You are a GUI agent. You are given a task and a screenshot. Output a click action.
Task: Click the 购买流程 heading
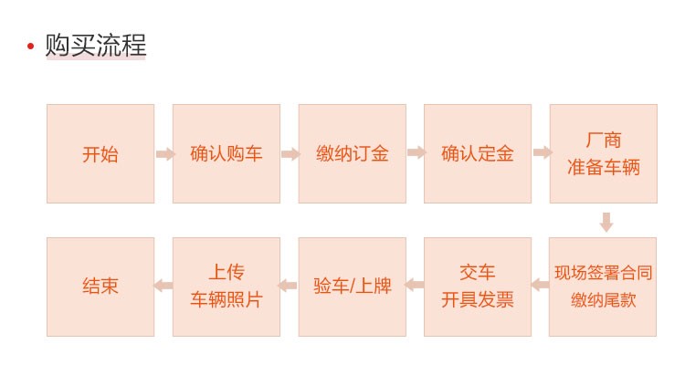pyautogui.click(x=96, y=45)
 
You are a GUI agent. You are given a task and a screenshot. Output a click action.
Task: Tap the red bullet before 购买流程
pyautogui.click(x=30, y=46)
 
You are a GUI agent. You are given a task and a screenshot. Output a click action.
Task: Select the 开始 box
pyautogui.click(x=100, y=153)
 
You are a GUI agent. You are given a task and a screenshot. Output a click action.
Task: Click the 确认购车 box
pyautogui.click(x=227, y=153)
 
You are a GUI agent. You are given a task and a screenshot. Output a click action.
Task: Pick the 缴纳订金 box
pyautogui.click(x=353, y=153)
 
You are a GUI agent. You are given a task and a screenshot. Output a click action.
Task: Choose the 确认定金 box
pyautogui.click(x=478, y=153)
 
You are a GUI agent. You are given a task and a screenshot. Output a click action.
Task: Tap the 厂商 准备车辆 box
pyautogui.click(x=604, y=153)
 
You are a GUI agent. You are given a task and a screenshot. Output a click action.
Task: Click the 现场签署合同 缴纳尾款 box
pyautogui.click(x=603, y=287)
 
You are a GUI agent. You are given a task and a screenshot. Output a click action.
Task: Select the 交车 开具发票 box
pyautogui.click(x=478, y=287)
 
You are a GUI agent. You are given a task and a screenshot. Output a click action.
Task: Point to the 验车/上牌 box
pyautogui.click(x=353, y=287)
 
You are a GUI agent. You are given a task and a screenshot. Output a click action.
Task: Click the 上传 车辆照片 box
pyautogui.click(x=227, y=287)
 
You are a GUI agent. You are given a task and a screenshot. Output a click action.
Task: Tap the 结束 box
pyautogui.click(x=100, y=287)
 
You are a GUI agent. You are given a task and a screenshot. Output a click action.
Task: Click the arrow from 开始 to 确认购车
pyautogui.click(x=165, y=153)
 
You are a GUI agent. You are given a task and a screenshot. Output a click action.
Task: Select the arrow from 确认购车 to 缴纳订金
pyautogui.click(x=291, y=153)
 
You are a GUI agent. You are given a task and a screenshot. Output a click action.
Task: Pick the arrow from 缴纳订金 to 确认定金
pyautogui.click(x=416, y=152)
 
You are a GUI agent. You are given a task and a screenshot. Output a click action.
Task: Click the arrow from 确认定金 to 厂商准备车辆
pyautogui.click(x=543, y=152)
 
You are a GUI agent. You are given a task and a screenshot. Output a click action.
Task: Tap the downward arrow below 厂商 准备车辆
pyautogui.click(x=606, y=223)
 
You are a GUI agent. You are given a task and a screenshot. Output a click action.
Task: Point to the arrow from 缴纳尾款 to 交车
pyautogui.click(x=541, y=285)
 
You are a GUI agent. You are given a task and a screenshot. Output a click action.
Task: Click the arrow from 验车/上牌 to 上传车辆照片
pyautogui.click(x=288, y=286)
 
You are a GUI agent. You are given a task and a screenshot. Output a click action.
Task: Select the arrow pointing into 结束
pyautogui.click(x=163, y=286)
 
